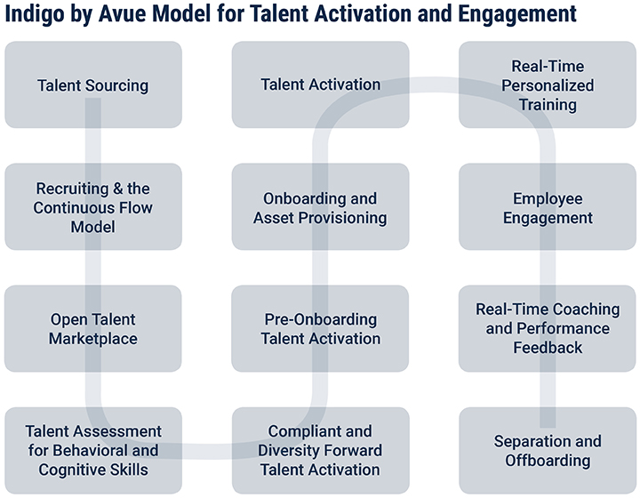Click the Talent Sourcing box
[93, 84]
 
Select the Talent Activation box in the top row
[320, 84]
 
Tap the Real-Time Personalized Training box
[548, 84]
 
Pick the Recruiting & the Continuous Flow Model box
[93, 206]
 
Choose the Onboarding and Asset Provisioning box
[320, 206]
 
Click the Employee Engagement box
[548, 206]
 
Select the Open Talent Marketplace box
[93, 329]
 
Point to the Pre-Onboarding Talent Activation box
[320, 329]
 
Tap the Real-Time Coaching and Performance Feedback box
[548, 329]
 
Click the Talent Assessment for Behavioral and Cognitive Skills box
[93, 450]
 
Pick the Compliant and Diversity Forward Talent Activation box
[320, 450]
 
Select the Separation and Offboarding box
[548, 450]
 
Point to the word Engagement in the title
[517, 14]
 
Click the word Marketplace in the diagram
[93, 339]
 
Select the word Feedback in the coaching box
[548, 348]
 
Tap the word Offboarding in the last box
[548, 461]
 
